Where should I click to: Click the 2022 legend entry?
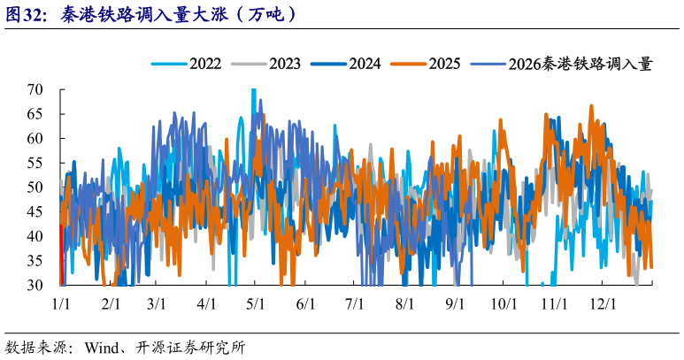[x=187, y=64]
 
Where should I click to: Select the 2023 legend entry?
[x=265, y=64]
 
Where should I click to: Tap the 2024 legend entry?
[x=346, y=64]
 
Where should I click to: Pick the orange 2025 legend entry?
[x=426, y=64]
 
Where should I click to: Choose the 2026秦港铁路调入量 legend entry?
[x=562, y=64]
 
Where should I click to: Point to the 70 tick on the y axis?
[x=35, y=90]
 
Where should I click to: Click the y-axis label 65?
[x=35, y=114]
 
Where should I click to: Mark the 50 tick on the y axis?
[x=35, y=188]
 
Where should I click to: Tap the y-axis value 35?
[x=35, y=261]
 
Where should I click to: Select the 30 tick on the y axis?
[x=35, y=285]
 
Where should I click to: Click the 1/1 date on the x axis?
[x=61, y=303]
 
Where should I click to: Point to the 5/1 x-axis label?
[x=256, y=303]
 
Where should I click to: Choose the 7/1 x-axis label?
[x=355, y=303]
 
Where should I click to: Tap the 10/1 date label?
[x=503, y=303]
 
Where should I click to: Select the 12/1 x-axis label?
[x=603, y=303]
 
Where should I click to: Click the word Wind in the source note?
[x=102, y=348]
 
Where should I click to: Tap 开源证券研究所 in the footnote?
[x=190, y=348]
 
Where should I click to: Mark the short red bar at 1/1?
[x=62, y=255]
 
